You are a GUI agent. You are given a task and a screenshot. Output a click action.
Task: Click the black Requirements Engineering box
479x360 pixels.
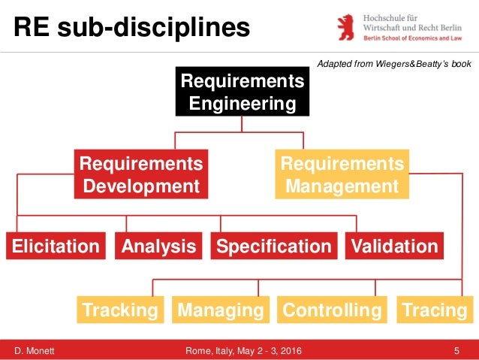[242, 92]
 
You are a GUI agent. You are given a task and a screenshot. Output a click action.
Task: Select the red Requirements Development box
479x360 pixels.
[141, 174]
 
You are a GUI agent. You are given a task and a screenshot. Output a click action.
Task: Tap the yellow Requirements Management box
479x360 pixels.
[342, 174]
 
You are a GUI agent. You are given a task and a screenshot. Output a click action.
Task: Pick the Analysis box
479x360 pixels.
[158, 246]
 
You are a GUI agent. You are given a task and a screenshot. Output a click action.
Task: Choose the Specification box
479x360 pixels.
[273, 246]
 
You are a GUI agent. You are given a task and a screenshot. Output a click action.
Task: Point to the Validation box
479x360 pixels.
[393, 246]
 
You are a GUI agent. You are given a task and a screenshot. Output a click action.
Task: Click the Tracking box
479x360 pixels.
[120, 310]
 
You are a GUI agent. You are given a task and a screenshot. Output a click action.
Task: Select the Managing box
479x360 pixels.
[221, 310]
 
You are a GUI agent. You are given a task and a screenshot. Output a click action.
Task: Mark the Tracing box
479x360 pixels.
[434, 310]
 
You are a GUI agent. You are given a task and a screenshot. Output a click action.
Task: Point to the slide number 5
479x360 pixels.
[456, 349]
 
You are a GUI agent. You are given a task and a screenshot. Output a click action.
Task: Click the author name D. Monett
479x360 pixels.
[36, 349]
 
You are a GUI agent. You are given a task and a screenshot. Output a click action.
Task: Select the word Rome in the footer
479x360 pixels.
[198, 349]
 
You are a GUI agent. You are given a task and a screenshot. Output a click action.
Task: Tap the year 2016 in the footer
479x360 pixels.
[299, 349]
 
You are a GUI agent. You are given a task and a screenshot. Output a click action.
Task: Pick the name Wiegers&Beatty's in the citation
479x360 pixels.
[398, 64]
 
